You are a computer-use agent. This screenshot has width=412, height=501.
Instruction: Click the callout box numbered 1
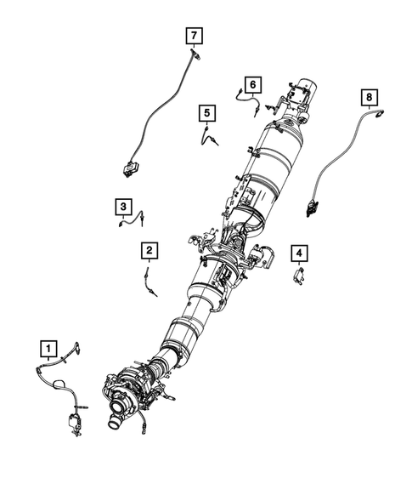click(49, 347)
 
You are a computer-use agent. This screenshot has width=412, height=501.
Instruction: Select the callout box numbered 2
click(149, 250)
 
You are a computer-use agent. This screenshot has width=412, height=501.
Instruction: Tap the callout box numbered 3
click(123, 206)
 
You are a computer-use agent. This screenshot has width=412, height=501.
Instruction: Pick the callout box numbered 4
click(298, 253)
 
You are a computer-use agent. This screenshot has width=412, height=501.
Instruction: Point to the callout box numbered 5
click(206, 112)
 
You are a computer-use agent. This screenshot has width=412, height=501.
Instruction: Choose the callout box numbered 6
click(251, 83)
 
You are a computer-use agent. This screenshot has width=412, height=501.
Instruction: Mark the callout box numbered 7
click(195, 35)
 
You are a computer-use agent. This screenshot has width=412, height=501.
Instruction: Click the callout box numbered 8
click(369, 98)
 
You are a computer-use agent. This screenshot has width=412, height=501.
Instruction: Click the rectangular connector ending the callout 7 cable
click(132, 169)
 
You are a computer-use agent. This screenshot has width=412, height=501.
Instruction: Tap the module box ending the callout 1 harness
click(70, 421)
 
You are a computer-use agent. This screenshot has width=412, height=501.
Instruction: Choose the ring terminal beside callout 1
click(77, 347)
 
